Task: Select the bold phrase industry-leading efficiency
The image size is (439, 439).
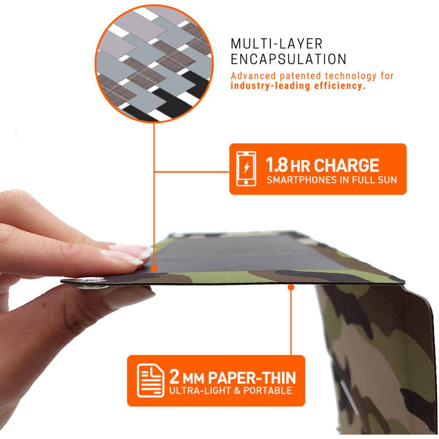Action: click(x=298, y=86)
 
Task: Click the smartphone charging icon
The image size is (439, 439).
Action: click(x=246, y=169)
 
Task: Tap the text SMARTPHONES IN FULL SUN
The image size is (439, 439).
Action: click(x=331, y=180)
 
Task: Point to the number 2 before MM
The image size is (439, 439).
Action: click(x=173, y=378)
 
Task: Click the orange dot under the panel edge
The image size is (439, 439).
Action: click(x=291, y=287)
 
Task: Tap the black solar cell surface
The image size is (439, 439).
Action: click(x=246, y=252)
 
